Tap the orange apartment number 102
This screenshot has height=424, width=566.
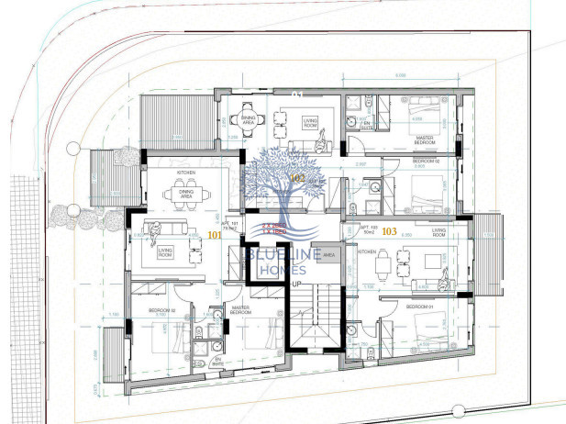(297, 176)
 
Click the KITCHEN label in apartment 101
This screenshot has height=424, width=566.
(186, 172)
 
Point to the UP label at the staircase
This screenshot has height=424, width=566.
(296, 285)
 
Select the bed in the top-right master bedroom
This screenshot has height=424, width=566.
(425, 116)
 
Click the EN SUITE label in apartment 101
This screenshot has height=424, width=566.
(217, 362)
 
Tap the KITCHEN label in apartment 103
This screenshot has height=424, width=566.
(366, 251)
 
